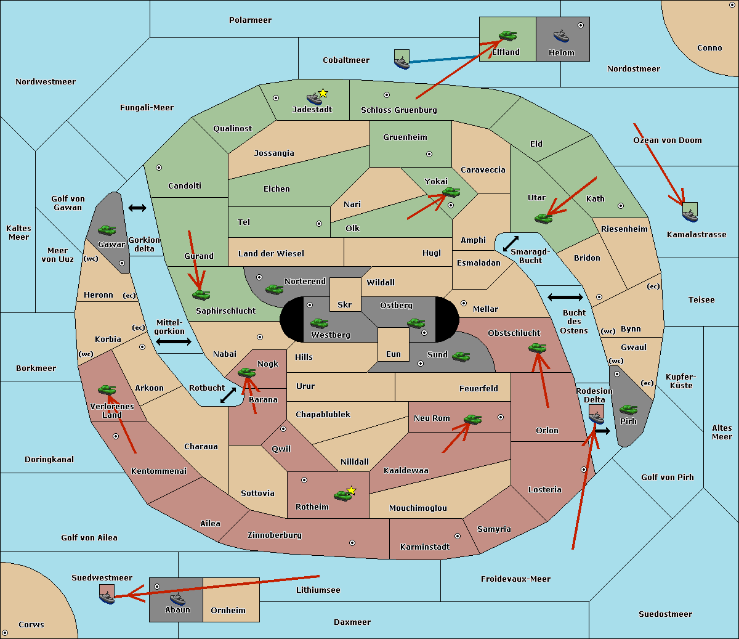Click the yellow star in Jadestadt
pyautogui.click(x=323, y=94)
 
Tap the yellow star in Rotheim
pyautogui.click(x=352, y=490)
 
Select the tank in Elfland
pyautogui.click(x=507, y=35)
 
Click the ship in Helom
pyautogui.click(x=561, y=36)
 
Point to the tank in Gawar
pyautogui.click(x=107, y=230)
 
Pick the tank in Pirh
pyautogui.click(x=628, y=409)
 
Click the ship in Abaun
pyautogui.click(x=177, y=599)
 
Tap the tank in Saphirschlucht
pyautogui.click(x=201, y=295)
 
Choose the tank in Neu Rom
pyautogui.click(x=472, y=419)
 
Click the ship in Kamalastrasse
pyautogui.click(x=690, y=215)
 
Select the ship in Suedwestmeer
pyautogui.click(x=107, y=597)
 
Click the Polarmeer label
pyautogui.click(x=250, y=20)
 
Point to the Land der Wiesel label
pyautogui.click(x=271, y=253)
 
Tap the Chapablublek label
pyautogui.click(x=323, y=414)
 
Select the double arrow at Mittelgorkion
pyautogui.click(x=174, y=341)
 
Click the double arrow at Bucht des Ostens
pyautogui.click(x=565, y=297)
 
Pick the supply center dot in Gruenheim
pyautogui.click(x=429, y=154)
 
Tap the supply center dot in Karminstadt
pyautogui.click(x=458, y=536)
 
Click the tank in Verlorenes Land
pyautogui.click(x=107, y=389)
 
